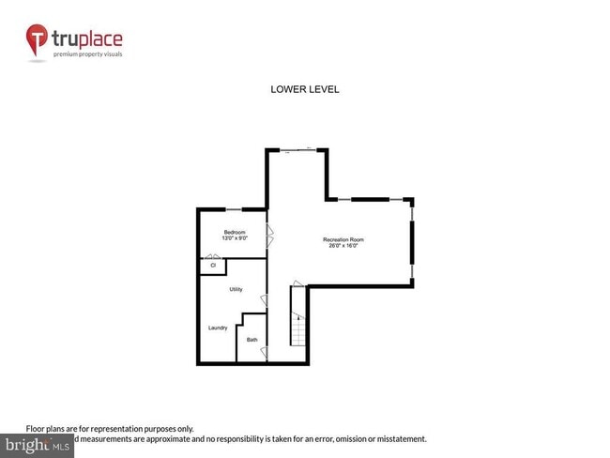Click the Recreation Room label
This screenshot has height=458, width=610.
coord(343,239)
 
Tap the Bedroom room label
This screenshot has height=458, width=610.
coord(235,232)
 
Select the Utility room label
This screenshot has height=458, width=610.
coord(236,289)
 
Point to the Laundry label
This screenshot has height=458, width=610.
coord(218,328)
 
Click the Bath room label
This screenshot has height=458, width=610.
coord(252,339)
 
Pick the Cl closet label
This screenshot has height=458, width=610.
coord(213,266)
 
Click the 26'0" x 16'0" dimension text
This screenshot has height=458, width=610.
coord(343,246)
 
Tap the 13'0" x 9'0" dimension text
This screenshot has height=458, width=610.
coord(235,238)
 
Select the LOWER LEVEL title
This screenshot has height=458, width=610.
coord(304,90)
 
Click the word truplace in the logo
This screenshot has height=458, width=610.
coord(87,39)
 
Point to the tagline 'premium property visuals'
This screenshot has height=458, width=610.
coord(87,53)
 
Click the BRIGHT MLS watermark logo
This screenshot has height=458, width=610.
coord(38,445)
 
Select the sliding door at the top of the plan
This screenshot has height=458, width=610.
coord(298,149)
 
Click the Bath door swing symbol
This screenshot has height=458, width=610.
coord(264,352)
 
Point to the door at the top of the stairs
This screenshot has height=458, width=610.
coord(298,283)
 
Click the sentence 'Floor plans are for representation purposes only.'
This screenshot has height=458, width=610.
coord(110,428)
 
